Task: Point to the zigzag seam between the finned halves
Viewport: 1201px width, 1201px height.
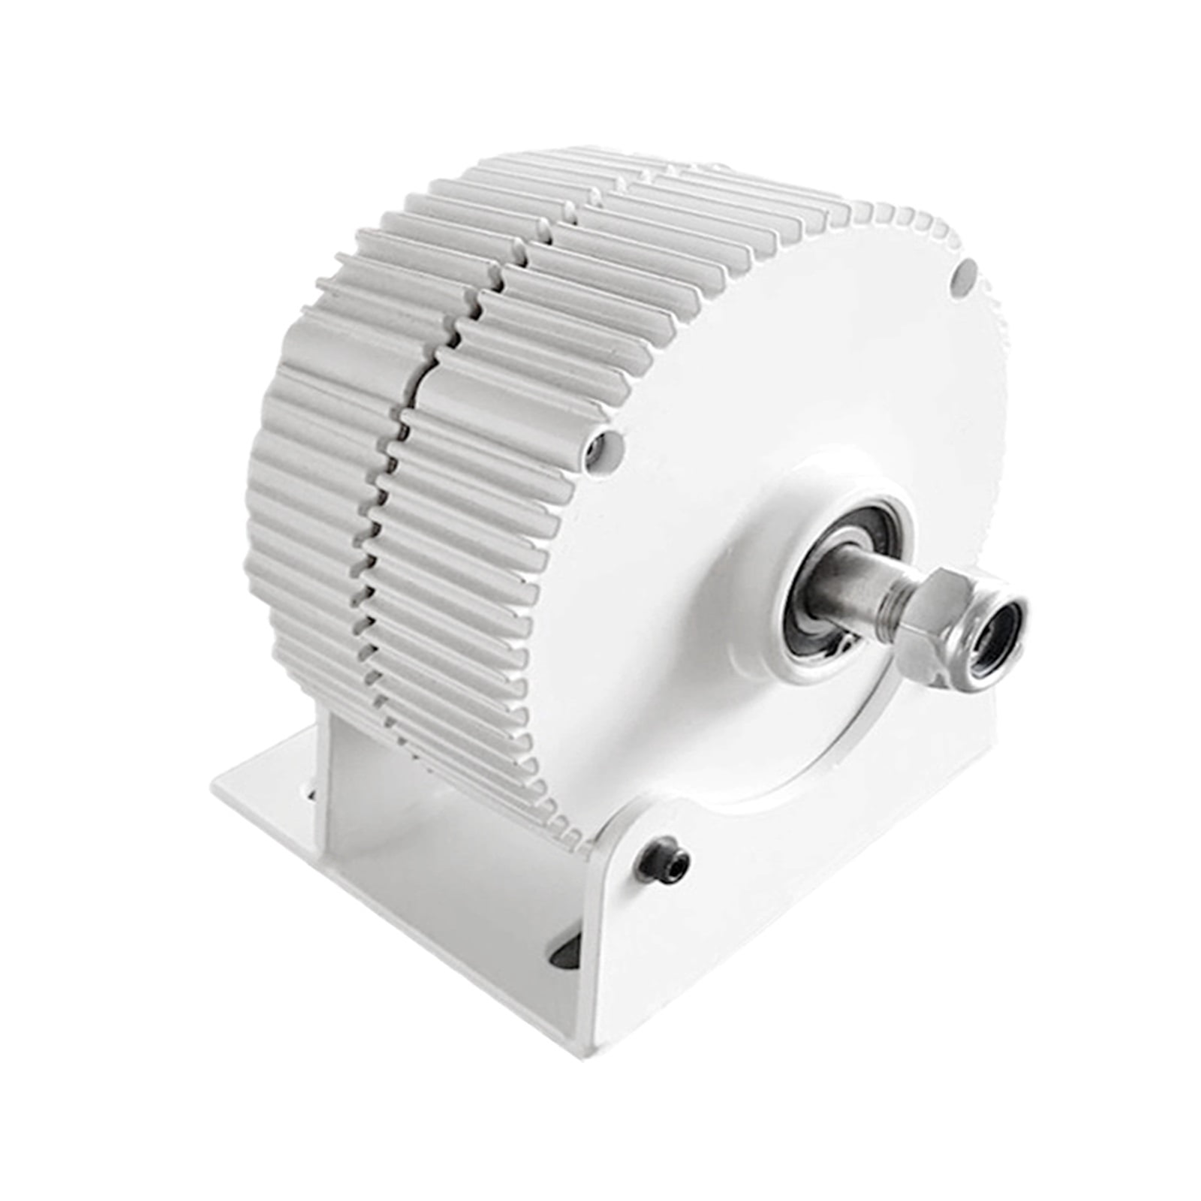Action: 405,450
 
